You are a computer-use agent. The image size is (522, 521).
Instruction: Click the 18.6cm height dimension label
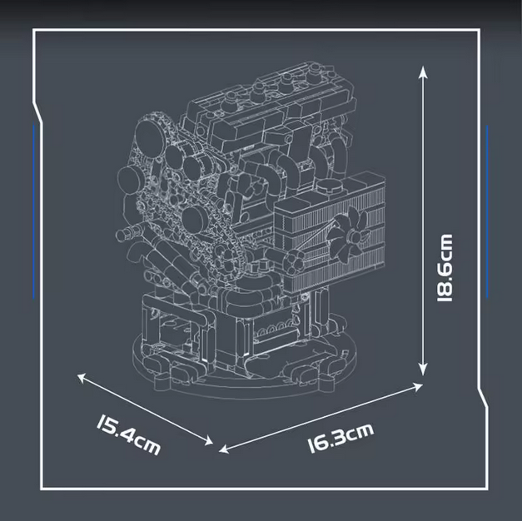pyautogui.click(x=445, y=268)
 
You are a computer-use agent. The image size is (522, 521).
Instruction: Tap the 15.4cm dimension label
pyautogui.click(x=128, y=434)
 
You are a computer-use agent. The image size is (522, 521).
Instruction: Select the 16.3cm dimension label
pyautogui.click(x=341, y=438)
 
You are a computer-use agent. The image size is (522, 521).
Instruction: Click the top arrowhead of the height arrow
pyautogui.click(x=423, y=71)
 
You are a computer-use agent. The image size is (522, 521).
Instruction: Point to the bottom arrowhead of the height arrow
pyautogui.click(x=423, y=371)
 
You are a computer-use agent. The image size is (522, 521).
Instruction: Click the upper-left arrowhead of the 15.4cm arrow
pyautogui.click(x=82, y=377)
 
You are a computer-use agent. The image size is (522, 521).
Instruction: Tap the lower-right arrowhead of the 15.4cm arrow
pyautogui.click(x=209, y=441)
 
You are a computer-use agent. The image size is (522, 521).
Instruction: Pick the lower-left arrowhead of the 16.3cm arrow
pyautogui.click(x=224, y=449)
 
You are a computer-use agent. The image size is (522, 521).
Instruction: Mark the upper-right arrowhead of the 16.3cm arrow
pyautogui.click(x=418, y=387)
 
